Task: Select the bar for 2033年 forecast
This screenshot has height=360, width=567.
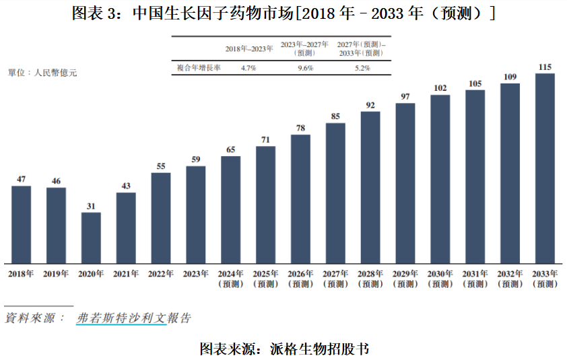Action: point(545,168)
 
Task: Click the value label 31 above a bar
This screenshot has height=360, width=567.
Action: point(91,206)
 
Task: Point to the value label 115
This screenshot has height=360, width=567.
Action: point(545,67)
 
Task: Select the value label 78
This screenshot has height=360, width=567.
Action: point(300,128)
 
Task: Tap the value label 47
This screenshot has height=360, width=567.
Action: point(21,179)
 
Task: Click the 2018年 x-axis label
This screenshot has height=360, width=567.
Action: point(21,274)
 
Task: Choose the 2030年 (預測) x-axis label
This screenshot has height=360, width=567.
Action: point(440,279)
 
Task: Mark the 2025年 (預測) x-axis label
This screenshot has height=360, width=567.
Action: point(265,279)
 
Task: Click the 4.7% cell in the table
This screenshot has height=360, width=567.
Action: point(248,68)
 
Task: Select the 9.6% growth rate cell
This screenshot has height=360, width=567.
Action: point(305,68)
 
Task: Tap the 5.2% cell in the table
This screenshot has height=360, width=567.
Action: point(362,68)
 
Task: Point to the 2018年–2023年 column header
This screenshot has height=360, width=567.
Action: point(248,48)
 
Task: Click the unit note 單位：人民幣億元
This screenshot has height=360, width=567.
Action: point(42,72)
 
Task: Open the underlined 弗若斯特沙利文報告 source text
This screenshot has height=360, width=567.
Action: point(133,318)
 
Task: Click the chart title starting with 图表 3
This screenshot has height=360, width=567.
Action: point(283,13)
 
